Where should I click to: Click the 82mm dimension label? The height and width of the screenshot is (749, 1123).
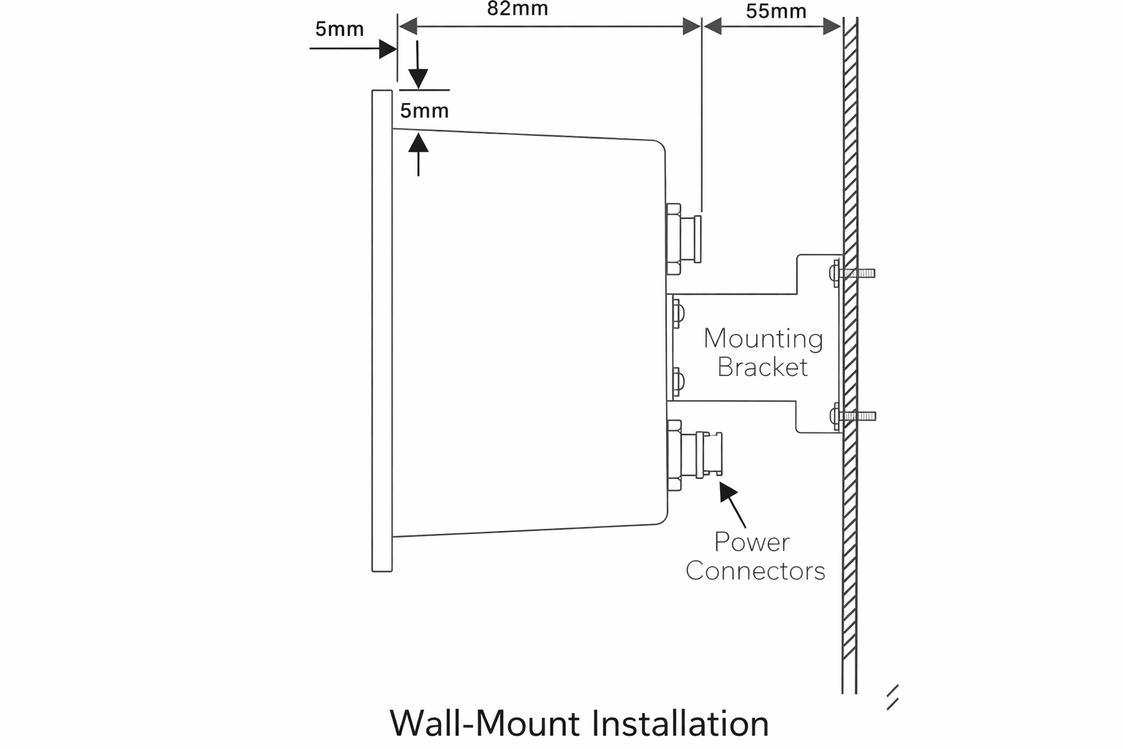coord(517,10)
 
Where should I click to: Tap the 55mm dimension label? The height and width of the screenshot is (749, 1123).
coord(776,12)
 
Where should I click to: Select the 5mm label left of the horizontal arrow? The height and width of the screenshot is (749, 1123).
coord(339,29)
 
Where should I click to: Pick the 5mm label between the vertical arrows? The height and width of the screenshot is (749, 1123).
coord(424,111)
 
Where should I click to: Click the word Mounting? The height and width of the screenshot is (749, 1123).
coord(763,339)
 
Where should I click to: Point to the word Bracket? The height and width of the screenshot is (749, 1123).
coord(762,367)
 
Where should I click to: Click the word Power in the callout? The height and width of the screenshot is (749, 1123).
coord(752,542)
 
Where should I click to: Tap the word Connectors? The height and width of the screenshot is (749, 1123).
coord(755,571)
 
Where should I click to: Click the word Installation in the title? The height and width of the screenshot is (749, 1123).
coord(679,723)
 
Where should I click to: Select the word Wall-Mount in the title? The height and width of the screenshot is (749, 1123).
coord(485,723)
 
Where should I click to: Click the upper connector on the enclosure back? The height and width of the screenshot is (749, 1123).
coord(684,239)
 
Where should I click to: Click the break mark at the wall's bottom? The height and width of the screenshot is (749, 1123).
coord(892,698)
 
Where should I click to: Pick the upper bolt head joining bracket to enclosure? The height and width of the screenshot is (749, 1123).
coord(678,313)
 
